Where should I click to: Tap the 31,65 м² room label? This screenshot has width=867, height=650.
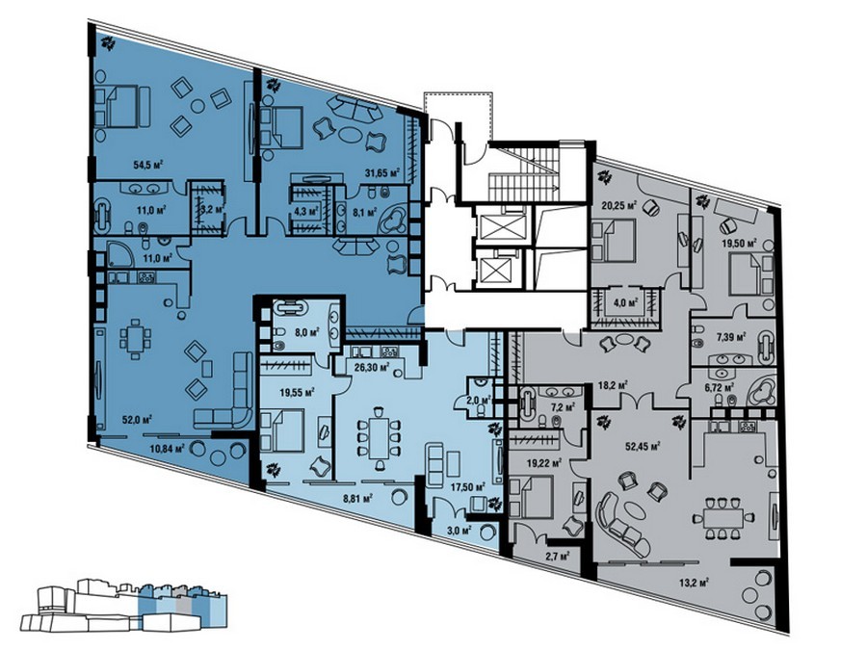(x=382, y=173)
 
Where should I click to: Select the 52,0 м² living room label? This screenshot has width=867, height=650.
(x=138, y=419)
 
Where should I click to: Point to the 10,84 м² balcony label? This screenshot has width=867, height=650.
(x=167, y=448)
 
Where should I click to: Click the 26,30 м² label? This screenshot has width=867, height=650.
(x=371, y=366)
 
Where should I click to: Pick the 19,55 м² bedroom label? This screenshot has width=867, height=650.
(x=297, y=393)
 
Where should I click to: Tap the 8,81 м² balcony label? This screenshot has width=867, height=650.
(x=357, y=498)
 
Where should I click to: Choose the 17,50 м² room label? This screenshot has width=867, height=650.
(x=468, y=487)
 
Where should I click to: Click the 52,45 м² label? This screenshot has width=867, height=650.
(x=644, y=446)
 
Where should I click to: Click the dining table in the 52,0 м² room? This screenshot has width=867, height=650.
(x=136, y=338)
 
